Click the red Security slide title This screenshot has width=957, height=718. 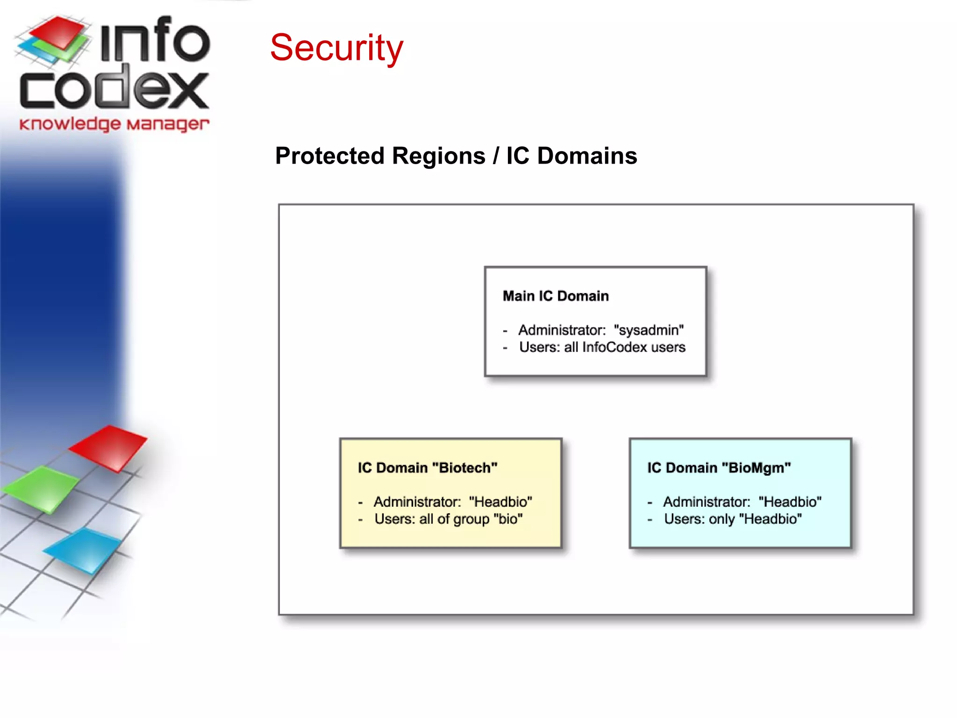[336, 48]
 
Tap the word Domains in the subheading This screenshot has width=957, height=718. [587, 156]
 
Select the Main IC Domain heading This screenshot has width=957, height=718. [556, 296]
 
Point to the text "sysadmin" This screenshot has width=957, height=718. [649, 330]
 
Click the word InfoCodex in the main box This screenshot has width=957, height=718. [614, 347]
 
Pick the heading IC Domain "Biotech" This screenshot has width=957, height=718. [428, 467]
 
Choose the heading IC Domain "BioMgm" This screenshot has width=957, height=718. [719, 467]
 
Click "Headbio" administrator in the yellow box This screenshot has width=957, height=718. [500, 502]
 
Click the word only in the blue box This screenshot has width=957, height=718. [722, 519]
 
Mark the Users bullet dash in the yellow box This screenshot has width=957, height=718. [360, 519]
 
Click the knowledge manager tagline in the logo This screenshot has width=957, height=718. [114, 124]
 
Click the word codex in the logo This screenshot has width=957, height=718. [114, 89]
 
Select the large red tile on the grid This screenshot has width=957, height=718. [109, 446]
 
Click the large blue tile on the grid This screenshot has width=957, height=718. [84, 550]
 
